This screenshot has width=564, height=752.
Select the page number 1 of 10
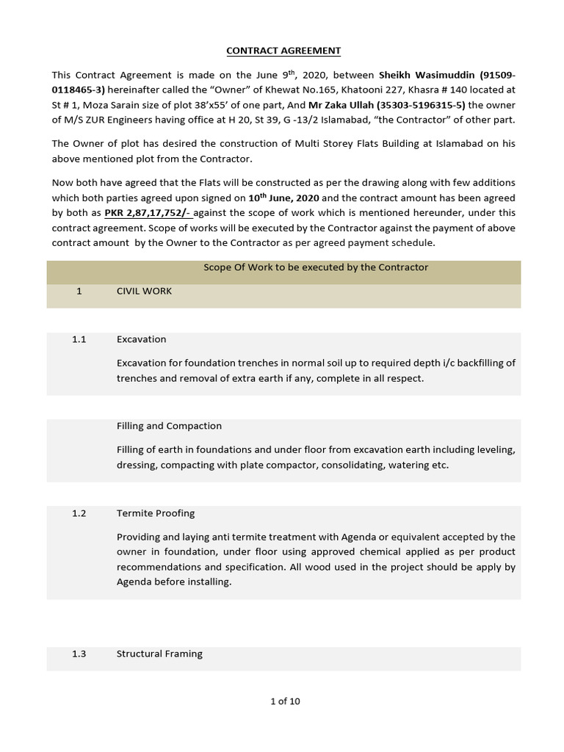[x=285, y=701]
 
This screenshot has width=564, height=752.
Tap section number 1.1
[x=79, y=339]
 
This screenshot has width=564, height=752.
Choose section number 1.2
[x=79, y=513]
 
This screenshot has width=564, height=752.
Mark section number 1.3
[x=79, y=654]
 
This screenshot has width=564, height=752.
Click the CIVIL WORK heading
[x=144, y=291]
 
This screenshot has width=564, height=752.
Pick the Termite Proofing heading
[x=155, y=513]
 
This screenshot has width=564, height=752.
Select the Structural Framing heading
[x=159, y=654]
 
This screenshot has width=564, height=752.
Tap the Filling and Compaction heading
[x=169, y=426]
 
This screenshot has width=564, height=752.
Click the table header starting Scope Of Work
[x=315, y=267]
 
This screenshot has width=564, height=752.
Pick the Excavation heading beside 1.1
[x=141, y=339]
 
